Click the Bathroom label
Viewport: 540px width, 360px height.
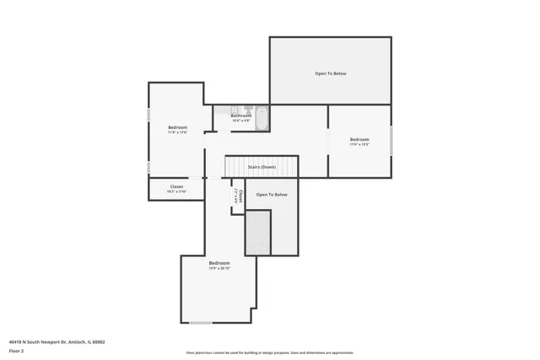coord(241,116)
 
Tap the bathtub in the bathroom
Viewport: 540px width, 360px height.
coord(262,118)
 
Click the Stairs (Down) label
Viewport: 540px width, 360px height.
coord(262,167)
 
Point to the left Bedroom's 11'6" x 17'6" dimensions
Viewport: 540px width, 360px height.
coord(176,132)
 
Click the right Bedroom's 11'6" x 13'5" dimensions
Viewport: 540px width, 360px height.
coord(359,144)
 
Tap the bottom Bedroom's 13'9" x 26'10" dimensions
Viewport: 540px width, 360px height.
coord(219,268)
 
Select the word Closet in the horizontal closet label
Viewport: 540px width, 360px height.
coord(176,186)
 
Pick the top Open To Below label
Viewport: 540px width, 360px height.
coord(331,73)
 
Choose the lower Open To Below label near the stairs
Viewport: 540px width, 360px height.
coord(272,195)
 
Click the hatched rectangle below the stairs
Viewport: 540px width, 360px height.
coord(257,233)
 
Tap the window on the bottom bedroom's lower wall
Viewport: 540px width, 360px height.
coord(200,323)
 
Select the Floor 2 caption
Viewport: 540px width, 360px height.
coord(16,352)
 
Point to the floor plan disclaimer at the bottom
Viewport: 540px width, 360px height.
coord(270,352)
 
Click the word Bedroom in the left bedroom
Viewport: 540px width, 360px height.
coord(176,127)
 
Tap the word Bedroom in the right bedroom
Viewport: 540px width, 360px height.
coord(359,139)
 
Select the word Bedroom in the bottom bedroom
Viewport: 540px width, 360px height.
coord(219,263)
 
